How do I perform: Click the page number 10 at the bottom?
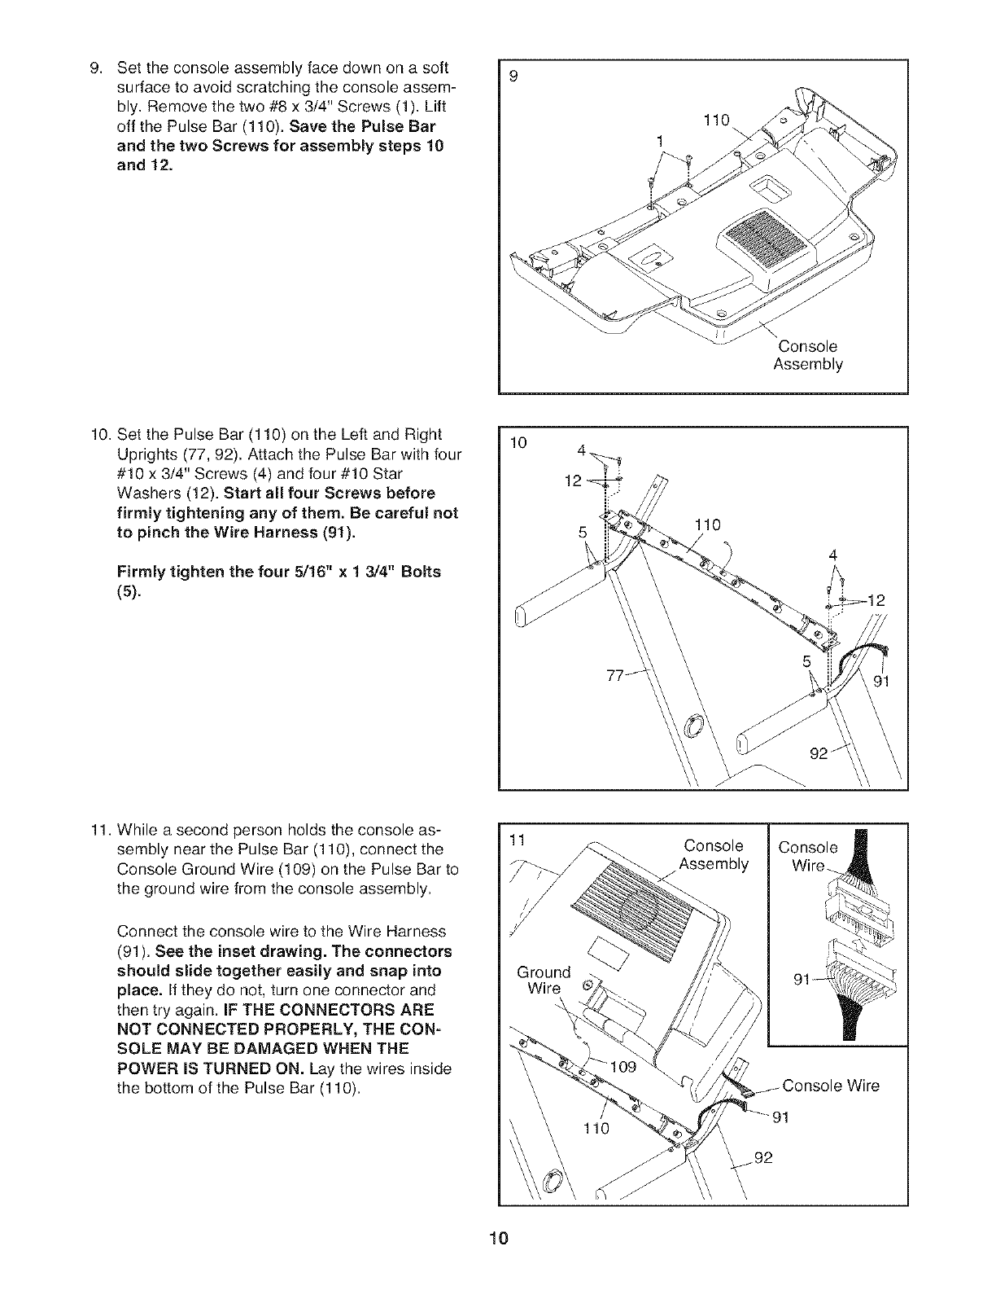coord(498,1240)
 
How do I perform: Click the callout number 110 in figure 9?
coord(716,122)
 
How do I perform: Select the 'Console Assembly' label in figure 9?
coord(806,356)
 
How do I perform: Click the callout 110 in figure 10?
coord(707,524)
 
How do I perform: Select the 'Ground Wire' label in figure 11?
coord(544,981)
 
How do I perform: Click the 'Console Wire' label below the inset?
coord(830,1086)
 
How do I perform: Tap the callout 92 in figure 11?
coord(762,1157)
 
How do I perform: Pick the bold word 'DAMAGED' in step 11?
coord(270,1048)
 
